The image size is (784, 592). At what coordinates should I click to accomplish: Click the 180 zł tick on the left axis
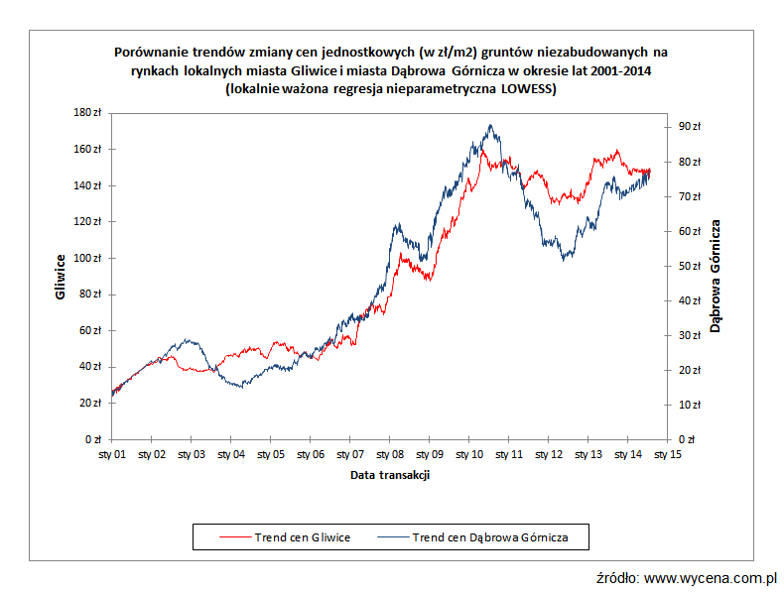(90, 113)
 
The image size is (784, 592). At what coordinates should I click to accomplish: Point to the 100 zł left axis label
(90, 258)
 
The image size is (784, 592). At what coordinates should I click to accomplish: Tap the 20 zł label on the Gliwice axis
(92, 403)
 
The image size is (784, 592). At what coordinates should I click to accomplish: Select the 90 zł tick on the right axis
(689, 126)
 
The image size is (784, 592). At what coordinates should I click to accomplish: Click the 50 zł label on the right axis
(689, 266)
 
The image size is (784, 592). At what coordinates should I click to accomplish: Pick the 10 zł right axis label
(689, 405)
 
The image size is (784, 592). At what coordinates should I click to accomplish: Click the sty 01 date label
(112, 455)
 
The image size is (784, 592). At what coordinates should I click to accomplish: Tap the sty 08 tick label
(390, 455)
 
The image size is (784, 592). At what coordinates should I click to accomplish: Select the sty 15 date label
(668, 455)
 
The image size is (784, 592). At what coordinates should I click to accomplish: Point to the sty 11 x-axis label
(509, 455)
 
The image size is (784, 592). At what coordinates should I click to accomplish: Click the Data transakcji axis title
(390, 475)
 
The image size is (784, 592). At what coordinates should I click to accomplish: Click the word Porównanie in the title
(150, 51)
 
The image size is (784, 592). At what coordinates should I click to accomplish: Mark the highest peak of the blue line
(490, 126)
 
